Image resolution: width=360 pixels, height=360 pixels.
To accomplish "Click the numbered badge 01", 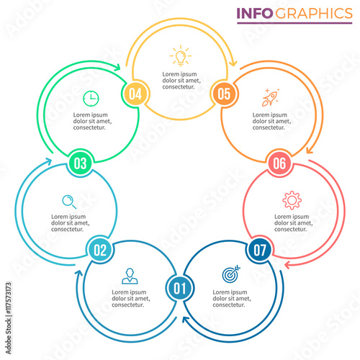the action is [x=180, y=288].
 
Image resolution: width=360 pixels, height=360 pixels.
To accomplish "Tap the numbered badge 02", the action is [x=100, y=250].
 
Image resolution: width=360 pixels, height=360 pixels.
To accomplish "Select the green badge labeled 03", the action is [x=80, y=163].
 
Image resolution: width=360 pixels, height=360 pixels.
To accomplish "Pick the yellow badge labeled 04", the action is [x=135, y=94].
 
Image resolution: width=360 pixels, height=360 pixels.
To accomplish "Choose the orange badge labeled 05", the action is [x=224, y=94].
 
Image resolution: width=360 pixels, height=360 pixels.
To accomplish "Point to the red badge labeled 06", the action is [x=279, y=163].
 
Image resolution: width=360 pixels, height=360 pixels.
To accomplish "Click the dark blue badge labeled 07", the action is [x=260, y=250].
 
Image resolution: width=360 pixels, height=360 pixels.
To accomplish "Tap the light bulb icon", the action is [x=181, y=55].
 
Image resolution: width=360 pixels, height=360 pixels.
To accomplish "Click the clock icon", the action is [x=91, y=99].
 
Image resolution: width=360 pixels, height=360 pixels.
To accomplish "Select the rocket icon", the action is [x=271, y=97].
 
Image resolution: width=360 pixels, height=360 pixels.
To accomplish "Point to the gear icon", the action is [x=292, y=200].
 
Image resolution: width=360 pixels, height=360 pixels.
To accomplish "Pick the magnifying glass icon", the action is [x=69, y=202].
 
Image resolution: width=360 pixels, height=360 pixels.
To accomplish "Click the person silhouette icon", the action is [x=130, y=276].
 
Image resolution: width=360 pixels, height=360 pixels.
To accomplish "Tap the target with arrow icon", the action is [x=231, y=274].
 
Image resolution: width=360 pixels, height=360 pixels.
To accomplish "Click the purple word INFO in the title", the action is [x=255, y=14].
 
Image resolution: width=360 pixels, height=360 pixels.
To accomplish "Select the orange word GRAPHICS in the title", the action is [x=314, y=14].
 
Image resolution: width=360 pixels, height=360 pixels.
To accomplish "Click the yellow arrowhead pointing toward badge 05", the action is [x=233, y=63].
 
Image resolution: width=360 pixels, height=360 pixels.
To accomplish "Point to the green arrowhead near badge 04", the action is [x=117, y=67].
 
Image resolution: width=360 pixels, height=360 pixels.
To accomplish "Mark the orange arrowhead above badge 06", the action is [x=310, y=150].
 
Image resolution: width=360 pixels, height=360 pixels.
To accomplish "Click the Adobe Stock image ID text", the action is [x=9, y=298].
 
